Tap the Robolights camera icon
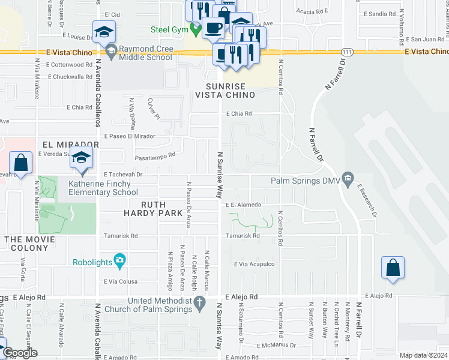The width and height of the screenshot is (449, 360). pyautogui.click(x=120, y=262)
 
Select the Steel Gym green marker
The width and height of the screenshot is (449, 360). pyautogui.click(x=194, y=28)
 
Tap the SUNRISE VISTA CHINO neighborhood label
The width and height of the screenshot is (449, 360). pyautogui.click(x=226, y=90)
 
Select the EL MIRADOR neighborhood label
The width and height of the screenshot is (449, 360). pyautogui.click(x=70, y=145)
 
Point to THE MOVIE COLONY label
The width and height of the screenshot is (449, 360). pyautogui.click(x=29, y=239)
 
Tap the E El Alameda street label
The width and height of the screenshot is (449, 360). pyautogui.click(x=243, y=205)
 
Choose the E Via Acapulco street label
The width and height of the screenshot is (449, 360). pyautogui.click(x=254, y=264)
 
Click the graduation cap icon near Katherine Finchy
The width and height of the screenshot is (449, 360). pyautogui.click(x=81, y=159)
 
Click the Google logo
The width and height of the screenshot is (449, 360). pyautogui.click(x=19, y=353)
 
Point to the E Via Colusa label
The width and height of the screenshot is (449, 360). pyautogui.click(x=121, y=281)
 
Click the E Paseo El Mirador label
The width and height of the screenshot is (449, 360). pyautogui.click(x=130, y=136)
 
